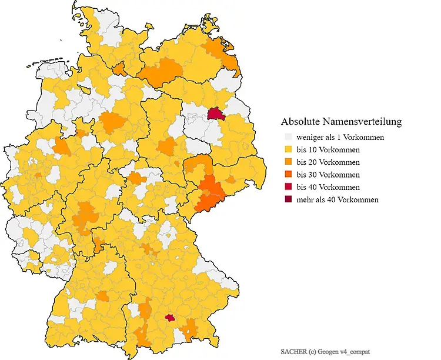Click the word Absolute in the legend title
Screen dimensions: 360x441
(x=300, y=122)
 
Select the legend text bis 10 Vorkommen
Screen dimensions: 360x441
(x=328, y=149)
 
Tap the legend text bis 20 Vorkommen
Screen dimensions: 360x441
(x=328, y=162)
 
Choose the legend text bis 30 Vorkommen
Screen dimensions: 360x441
(x=328, y=175)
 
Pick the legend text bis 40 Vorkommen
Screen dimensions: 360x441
(x=328, y=187)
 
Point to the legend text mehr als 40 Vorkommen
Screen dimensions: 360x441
(x=338, y=199)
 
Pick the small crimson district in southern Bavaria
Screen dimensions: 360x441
(x=170, y=318)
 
